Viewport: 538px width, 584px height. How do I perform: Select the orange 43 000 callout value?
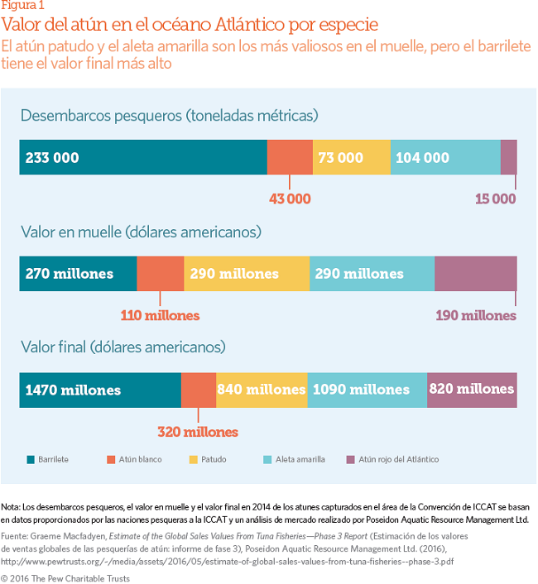point(290,199)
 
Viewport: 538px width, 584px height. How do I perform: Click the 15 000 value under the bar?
point(495,199)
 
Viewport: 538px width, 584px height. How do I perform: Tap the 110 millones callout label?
point(161,315)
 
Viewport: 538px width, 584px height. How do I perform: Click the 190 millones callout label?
point(476,315)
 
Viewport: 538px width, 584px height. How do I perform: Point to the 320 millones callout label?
point(198,431)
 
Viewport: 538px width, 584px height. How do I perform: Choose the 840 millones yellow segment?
point(261,390)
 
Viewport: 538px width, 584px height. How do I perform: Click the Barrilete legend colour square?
point(31,459)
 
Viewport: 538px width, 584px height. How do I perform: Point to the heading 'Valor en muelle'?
point(141,232)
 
